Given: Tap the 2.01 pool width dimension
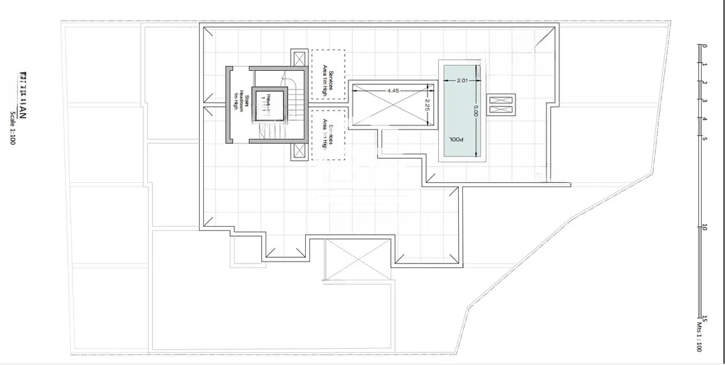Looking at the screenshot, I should coord(463,80).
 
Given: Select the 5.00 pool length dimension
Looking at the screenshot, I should coord(476,111).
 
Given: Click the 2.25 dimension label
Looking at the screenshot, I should coord(427,105).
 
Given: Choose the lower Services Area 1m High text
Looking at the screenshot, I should coord(328,133).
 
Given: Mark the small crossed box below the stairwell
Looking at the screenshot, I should coord(299,152).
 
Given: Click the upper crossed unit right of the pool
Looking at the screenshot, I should coord(502,99).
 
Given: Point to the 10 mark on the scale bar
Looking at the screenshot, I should coord(704,227).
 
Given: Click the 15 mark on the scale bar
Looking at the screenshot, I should coord(704,319).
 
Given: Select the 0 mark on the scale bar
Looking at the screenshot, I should coord(704,46).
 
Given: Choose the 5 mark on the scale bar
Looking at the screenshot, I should coord(704,138).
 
